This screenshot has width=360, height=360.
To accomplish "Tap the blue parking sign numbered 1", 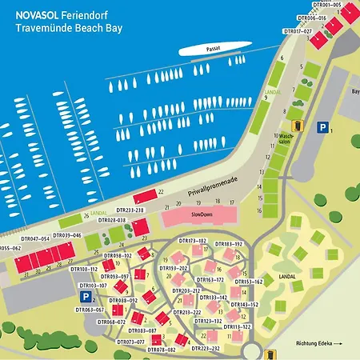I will pos(322,126).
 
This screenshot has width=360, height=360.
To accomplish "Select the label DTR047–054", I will pos(35,238).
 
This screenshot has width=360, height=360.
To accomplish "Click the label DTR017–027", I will pos(298,31).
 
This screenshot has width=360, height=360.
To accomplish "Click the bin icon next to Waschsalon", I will pos(297,126).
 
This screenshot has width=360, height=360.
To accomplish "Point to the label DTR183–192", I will pos(229,243).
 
